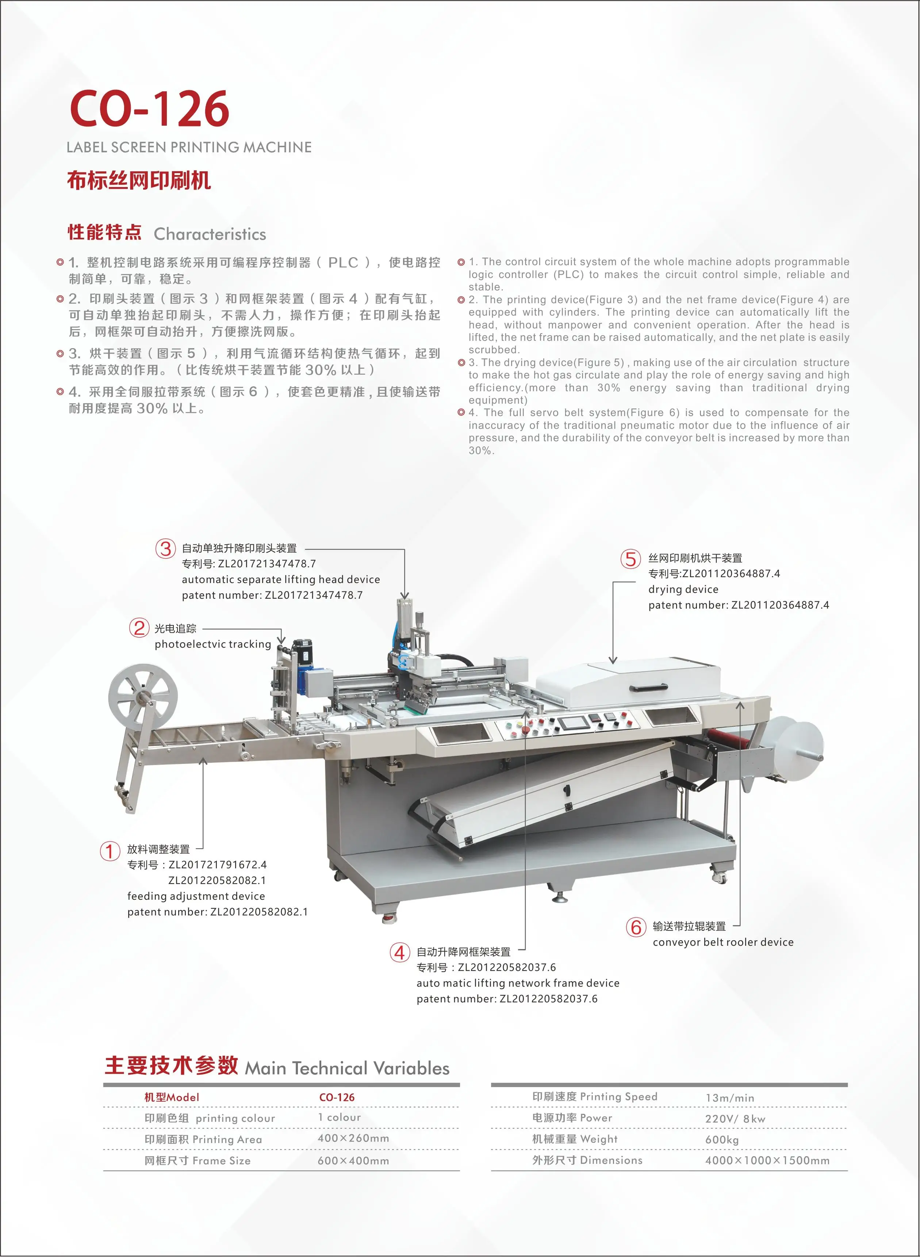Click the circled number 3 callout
165,549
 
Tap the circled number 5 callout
630,559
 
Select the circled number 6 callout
636,927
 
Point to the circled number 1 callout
110,851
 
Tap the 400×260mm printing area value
353,1138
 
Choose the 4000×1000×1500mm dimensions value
767,1161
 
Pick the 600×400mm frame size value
353,1161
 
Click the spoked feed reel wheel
143,697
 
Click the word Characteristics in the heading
210,234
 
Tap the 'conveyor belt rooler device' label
723,942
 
